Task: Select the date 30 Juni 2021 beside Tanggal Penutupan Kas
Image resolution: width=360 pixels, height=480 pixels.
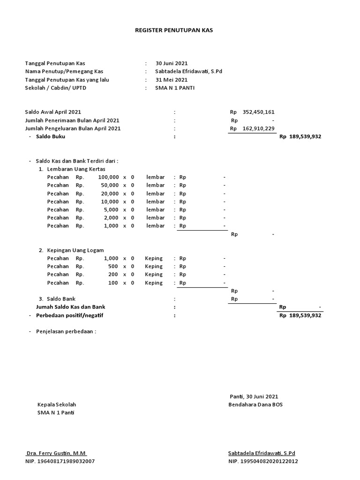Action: (172, 63)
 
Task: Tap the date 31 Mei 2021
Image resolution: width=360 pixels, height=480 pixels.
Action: (171, 80)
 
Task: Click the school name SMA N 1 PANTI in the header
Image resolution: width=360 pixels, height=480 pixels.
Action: (175, 88)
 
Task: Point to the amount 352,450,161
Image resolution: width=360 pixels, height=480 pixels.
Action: (258, 112)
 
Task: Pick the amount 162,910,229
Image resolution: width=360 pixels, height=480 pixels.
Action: (258, 128)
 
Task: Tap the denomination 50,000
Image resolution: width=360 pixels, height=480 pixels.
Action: (110, 186)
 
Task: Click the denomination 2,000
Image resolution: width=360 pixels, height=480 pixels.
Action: (111, 217)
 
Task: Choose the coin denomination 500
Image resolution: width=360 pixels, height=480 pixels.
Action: (113, 266)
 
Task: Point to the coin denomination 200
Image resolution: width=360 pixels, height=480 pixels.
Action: (113, 274)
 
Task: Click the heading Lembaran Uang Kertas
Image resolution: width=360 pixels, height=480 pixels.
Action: (76, 169)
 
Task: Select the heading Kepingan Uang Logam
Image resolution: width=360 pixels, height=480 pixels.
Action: (75, 250)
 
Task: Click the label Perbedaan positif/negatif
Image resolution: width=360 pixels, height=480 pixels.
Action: (69, 315)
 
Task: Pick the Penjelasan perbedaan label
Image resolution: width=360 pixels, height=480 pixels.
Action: (66, 331)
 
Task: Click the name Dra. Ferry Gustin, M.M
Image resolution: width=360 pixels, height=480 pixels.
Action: (56, 453)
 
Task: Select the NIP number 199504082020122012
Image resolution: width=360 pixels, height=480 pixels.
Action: (269, 461)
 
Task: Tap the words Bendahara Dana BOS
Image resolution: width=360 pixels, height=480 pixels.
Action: (255, 405)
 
